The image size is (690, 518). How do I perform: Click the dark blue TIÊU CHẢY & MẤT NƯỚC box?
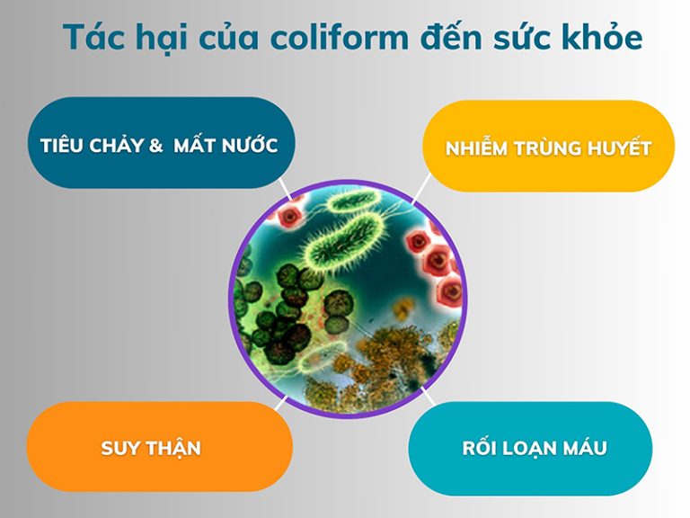coord(160,144)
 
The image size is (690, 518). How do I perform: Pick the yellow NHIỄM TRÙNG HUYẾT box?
coord(548,147)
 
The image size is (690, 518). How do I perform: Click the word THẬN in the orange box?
coord(180,448)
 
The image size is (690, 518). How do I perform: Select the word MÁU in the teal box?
coord(586,448)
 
